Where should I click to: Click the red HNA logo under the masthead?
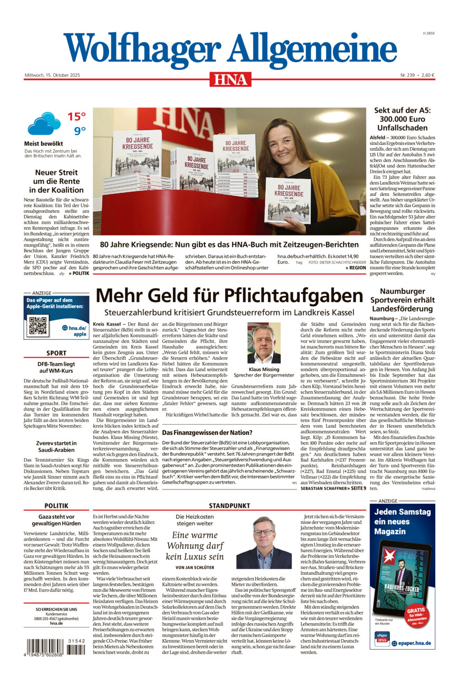[230, 79]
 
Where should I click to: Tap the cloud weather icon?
[44, 124]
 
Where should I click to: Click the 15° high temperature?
[76, 116]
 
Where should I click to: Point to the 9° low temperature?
[79, 131]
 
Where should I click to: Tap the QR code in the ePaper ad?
[38, 326]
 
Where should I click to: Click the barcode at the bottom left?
[55, 647]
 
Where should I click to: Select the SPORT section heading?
[56, 353]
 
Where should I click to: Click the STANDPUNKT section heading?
[230, 505]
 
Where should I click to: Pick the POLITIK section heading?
[56, 505]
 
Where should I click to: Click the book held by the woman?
[288, 200]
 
